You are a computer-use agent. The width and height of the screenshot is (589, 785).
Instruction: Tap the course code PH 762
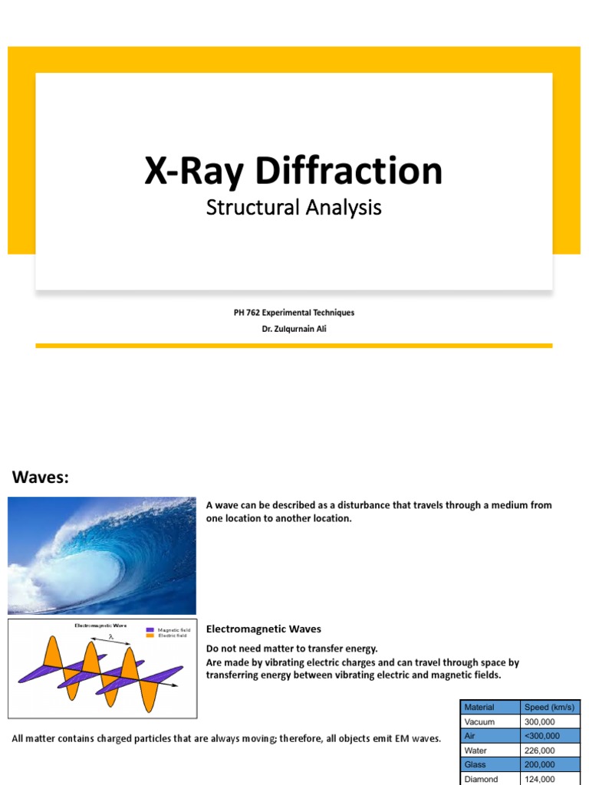pos(246,313)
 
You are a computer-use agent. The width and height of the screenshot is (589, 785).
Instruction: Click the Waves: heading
pos(41,478)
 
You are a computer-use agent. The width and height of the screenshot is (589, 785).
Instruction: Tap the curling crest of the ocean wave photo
pos(123,529)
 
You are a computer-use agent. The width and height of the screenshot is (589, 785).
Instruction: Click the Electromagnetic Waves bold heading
pos(264,629)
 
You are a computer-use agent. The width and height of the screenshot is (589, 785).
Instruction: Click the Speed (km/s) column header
pos(548,707)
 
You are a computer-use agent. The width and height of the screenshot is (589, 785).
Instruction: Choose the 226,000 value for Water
pos(540,751)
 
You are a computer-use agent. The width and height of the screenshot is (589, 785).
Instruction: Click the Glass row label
pos(477,765)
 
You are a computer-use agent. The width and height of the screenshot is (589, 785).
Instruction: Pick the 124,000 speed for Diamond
pos(540,779)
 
